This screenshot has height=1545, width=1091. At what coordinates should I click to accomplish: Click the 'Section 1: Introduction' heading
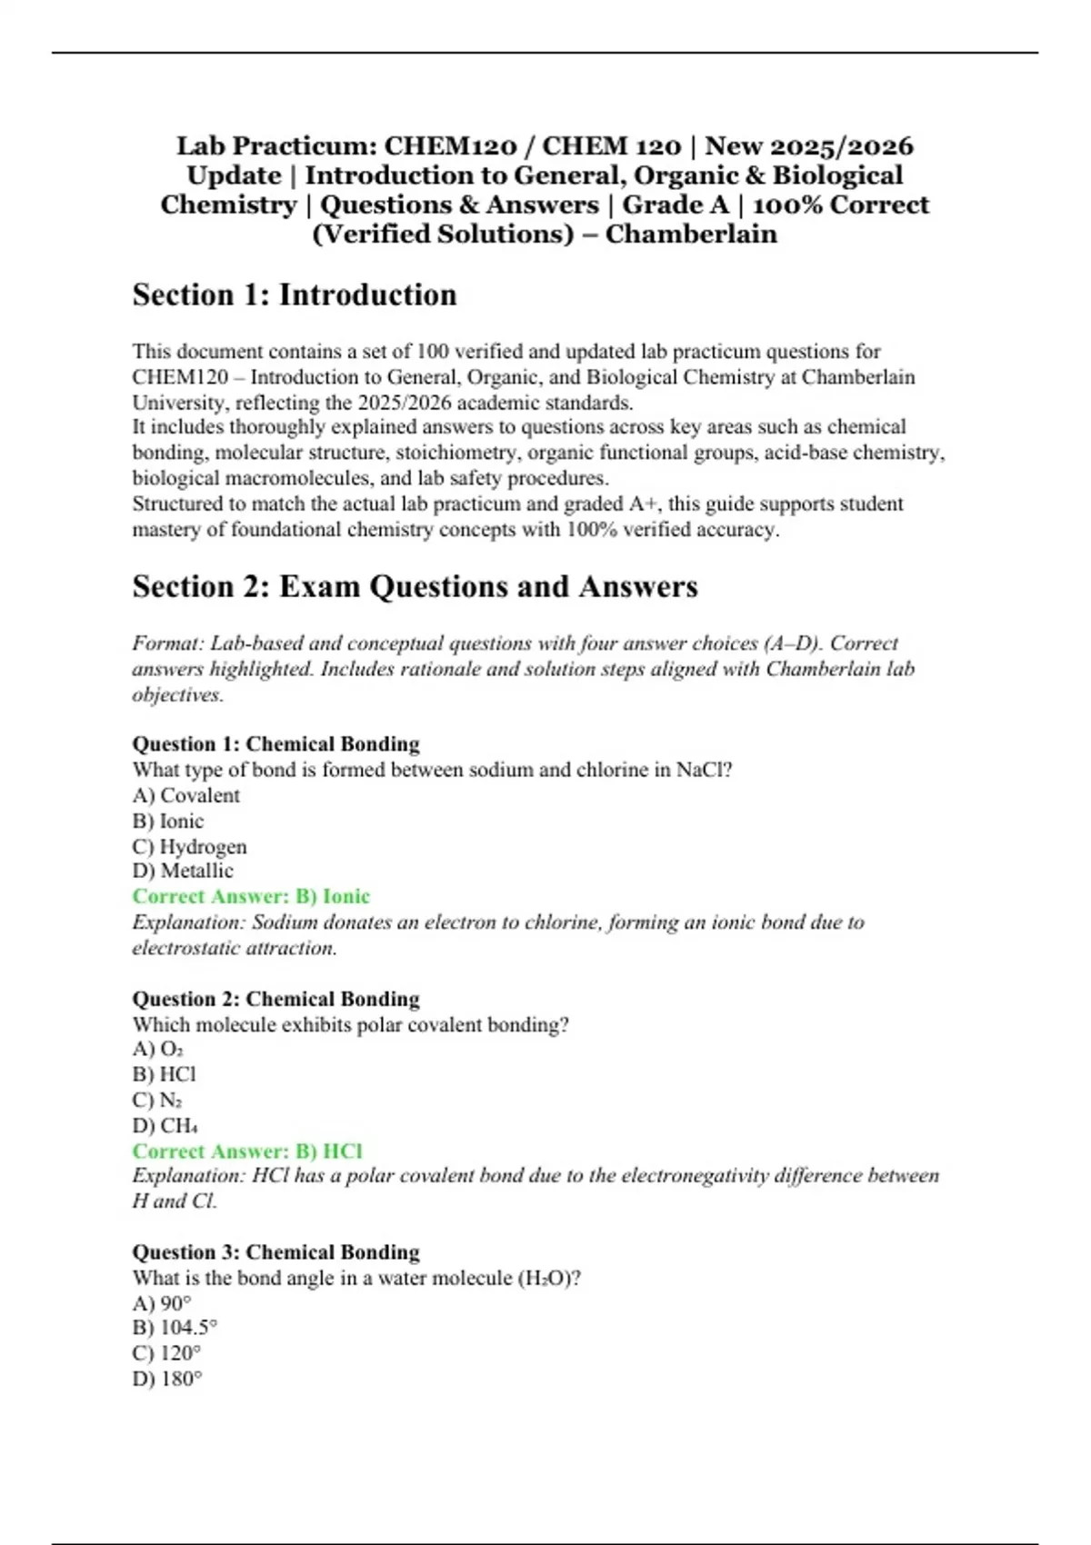point(295,295)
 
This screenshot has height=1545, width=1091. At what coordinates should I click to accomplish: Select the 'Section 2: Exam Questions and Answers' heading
point(415,587)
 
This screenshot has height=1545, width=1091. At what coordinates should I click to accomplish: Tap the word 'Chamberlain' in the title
point(691,234)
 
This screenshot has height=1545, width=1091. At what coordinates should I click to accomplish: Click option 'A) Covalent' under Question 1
point(186,795)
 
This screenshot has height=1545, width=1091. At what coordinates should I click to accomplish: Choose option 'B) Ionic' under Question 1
point(168,821)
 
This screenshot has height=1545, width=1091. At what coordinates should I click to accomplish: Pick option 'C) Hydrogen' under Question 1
point(189,846)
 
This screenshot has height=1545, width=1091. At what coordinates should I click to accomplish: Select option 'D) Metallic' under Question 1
point(183,871)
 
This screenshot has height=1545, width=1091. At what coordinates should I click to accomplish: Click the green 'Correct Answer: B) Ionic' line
point(251,896)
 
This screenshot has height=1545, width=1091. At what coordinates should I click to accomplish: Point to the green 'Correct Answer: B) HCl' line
point(247,1151)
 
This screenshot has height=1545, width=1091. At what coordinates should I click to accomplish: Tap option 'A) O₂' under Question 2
point(158,1049)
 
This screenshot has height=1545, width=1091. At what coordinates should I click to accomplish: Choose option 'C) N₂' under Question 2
point(158,1100)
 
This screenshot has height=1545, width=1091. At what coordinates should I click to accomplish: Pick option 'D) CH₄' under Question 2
point(165,1125)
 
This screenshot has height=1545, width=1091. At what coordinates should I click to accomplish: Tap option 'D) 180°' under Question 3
point(167,1379)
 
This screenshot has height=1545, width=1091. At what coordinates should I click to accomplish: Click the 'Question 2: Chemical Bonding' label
point(275,999)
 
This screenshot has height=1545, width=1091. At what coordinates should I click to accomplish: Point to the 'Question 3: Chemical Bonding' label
point(275,1252)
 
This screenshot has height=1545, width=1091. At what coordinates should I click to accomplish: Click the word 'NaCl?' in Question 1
point(705,770)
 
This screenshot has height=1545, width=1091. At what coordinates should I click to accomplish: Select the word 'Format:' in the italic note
point(168,643)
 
